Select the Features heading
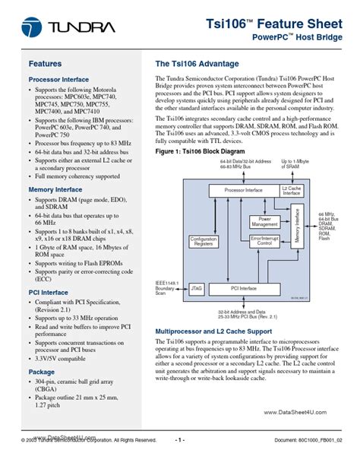coord(45,64)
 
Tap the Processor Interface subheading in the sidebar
coord(58,79)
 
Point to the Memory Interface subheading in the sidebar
coord(55,189)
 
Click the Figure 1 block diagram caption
coord(200,152)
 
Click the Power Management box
coord(264,221)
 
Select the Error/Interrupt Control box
coord(265,240)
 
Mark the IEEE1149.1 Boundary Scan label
coord(166,288)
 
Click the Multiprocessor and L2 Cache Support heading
coord(213,333)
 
